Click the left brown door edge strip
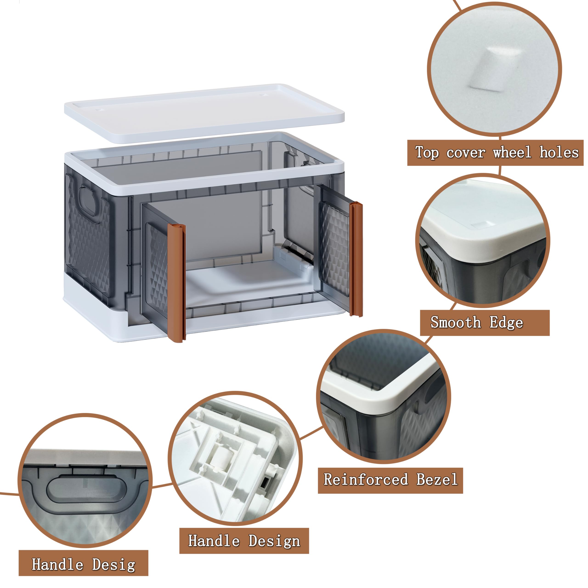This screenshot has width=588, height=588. (x=177, y=283)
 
